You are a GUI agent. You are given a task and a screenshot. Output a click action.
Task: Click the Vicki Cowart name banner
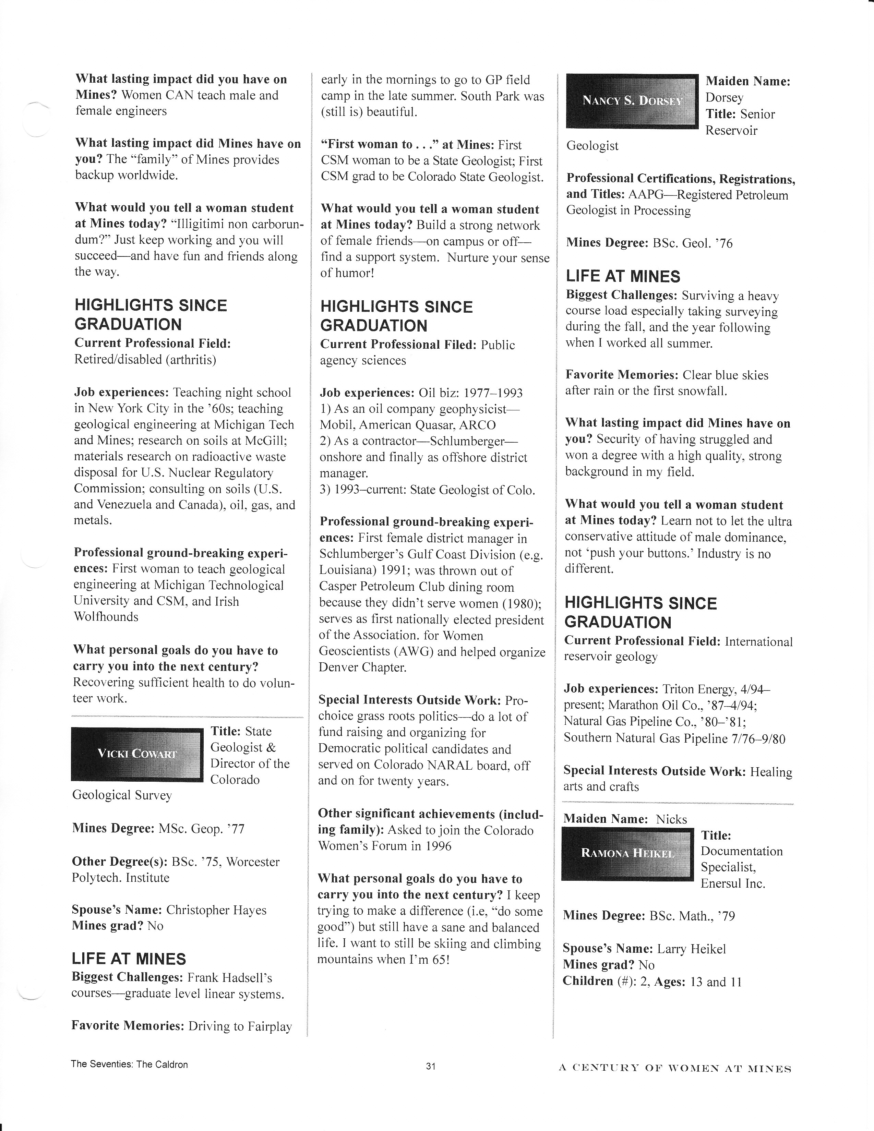click(x=137, y=754)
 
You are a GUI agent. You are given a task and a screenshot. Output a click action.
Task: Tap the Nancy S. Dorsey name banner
click(x=632, y=100)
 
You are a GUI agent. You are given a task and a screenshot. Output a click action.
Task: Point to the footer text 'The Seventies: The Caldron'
click(x=130, y=1064)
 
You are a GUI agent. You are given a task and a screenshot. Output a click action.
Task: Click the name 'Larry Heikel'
click(x=691, y=949)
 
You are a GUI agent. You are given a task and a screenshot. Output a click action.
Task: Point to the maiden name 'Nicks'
click(x=671, y=819)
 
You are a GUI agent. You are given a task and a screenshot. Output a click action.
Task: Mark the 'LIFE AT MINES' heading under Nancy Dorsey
click(x=623, y=277)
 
